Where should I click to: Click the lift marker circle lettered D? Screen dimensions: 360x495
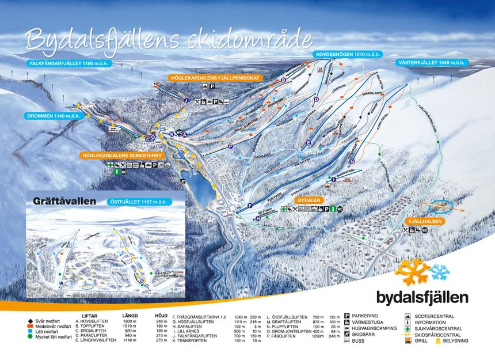coord(316,100)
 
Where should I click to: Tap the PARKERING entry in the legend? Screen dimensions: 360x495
coord(365,316)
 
